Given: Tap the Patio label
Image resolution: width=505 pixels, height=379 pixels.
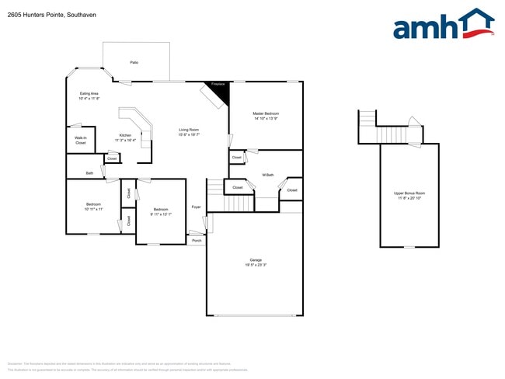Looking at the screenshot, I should pos(134,61).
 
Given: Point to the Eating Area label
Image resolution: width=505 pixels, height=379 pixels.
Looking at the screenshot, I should pos(89,93).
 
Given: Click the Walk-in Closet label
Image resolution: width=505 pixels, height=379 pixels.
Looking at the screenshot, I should pos(80,141).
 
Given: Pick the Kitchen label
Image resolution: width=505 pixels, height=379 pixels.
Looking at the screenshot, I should pos(125,135).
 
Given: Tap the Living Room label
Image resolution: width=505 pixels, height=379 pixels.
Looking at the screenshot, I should pos(189,130).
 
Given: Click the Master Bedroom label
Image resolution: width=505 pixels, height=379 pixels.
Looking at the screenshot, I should pos(266,114).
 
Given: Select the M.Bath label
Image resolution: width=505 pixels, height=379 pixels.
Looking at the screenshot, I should pos(268,175).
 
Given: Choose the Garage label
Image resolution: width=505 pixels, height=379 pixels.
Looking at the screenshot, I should pos(256,259).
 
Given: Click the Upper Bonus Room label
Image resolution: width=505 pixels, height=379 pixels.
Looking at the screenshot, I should pos(409,193).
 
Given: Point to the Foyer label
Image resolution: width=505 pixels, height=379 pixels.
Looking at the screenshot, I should pos(197,207).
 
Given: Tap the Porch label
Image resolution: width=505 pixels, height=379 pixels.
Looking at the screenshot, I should pos(197,241).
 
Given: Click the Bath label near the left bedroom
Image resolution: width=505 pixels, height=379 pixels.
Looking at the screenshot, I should pos(89,173).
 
